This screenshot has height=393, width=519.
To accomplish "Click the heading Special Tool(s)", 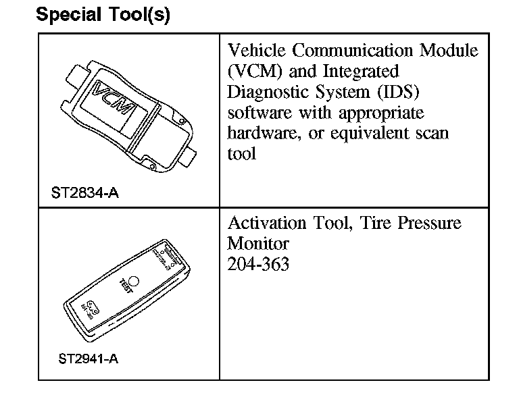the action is click(103, 15).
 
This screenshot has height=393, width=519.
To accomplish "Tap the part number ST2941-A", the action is click(84, 359).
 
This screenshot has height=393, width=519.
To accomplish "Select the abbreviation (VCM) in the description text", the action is click(253, 71).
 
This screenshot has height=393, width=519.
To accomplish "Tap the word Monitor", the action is click(258, 243).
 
